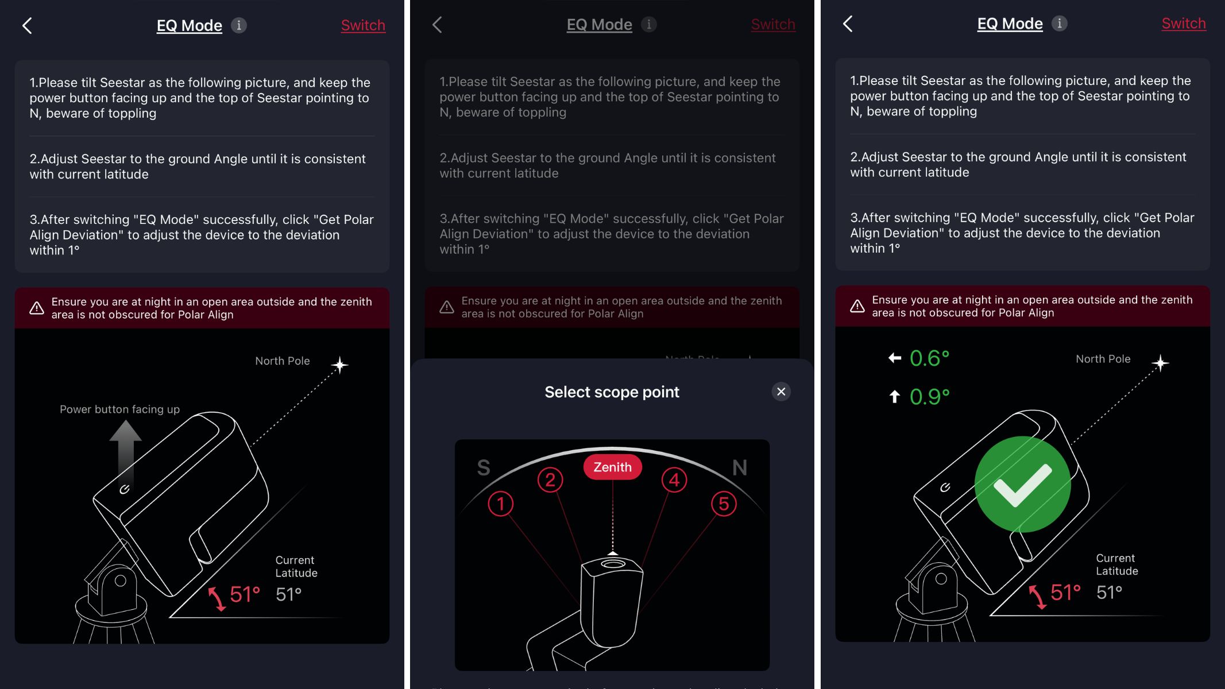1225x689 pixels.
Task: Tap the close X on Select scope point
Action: click(781, 392)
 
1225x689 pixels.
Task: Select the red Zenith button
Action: click(612, 467)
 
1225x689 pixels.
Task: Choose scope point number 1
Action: click(501, 504)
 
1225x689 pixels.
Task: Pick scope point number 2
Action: click(550, 479)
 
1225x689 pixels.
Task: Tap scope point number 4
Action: click(674, 479)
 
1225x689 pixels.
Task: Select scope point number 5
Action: click(724, 504)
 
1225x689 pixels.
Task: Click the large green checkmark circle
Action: click(1022, 484)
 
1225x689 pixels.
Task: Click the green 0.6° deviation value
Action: click(929, 358)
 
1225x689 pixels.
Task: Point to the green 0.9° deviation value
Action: click(929, 397)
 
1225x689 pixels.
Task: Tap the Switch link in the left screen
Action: click(363, 25)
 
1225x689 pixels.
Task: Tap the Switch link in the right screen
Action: click(1183, 24)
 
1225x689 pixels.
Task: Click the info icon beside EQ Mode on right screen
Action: click(1059, 24)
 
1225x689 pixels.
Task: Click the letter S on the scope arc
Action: click(484, 467)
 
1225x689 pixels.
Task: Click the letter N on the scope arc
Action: click(740, 467)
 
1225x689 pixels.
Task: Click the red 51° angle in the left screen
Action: click(245, 595)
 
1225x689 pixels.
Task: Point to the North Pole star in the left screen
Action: click(339, 365)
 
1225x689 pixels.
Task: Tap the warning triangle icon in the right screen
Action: click(857, 306)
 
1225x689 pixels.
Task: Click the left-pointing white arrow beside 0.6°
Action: click(894, 358)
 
